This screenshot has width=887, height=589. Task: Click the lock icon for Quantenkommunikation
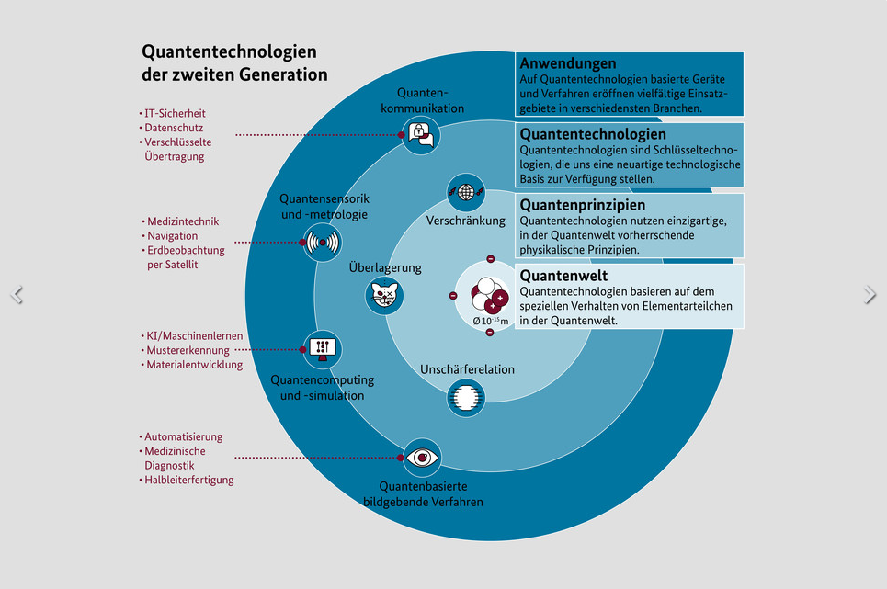[x=421, y=135]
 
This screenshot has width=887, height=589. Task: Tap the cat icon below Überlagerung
[x=384, y=295]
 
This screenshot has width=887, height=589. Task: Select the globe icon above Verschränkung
[x=466, y=192]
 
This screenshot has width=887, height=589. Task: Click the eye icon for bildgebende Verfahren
[x=422, y=458]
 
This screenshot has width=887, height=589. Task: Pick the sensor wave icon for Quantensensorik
[x=323, y=243]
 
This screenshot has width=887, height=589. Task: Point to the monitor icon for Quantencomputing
[x=323, y=349]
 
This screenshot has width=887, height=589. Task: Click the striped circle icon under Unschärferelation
[x=466, y=397]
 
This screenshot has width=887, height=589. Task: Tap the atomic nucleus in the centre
[x=489, y=294]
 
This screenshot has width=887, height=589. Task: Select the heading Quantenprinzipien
[x=582, y=205]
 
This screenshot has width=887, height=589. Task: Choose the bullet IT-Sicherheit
[x=173, y=113]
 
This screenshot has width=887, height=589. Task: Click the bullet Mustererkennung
[x=186, y=350]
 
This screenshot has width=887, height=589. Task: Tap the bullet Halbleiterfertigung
[x=187, y=480]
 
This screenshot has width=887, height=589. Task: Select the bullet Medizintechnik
[x=180, y=221]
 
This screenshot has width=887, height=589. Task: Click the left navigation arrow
[x=17, y=294]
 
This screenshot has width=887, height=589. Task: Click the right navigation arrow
[x=870, y=294]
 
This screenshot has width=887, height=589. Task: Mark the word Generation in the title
[x=283, y=74]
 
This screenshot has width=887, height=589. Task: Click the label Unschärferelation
[x=467, y=369]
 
